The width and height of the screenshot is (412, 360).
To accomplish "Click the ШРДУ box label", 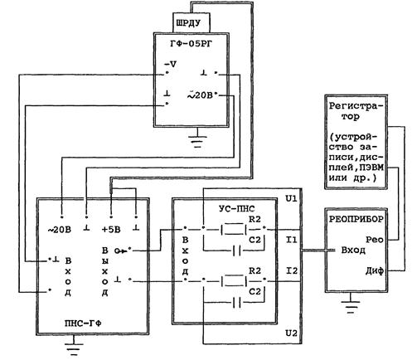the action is (188, 23).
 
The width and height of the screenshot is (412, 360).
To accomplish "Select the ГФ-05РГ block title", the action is (191, 43).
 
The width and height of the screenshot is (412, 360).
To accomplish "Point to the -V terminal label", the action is (171, 65).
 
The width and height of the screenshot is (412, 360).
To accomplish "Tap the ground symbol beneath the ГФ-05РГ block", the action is (197, 139).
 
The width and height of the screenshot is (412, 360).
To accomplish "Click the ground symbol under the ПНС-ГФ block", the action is (74, 347).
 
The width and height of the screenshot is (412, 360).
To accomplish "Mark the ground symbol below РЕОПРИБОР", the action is (351, 304).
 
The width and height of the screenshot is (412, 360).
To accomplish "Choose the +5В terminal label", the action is (111, 230).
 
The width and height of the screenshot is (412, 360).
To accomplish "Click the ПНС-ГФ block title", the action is (83, 323).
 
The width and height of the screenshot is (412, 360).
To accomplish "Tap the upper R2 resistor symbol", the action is (234, 229).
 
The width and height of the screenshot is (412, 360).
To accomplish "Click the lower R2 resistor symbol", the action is (234, 281).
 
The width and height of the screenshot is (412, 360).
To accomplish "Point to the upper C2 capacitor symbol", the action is (236, 251).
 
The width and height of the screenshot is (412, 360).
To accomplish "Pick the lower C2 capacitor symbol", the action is (236, 303).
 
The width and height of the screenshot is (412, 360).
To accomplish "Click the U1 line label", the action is (291, 198).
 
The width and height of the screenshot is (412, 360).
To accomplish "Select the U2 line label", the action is (291, 333).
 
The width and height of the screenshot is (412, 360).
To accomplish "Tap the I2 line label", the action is (291, 270).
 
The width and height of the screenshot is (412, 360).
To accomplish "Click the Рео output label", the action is (375, 240).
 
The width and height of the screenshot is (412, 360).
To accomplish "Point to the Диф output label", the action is (375, 270).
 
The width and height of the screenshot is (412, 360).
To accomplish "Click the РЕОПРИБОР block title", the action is (356, 219).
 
